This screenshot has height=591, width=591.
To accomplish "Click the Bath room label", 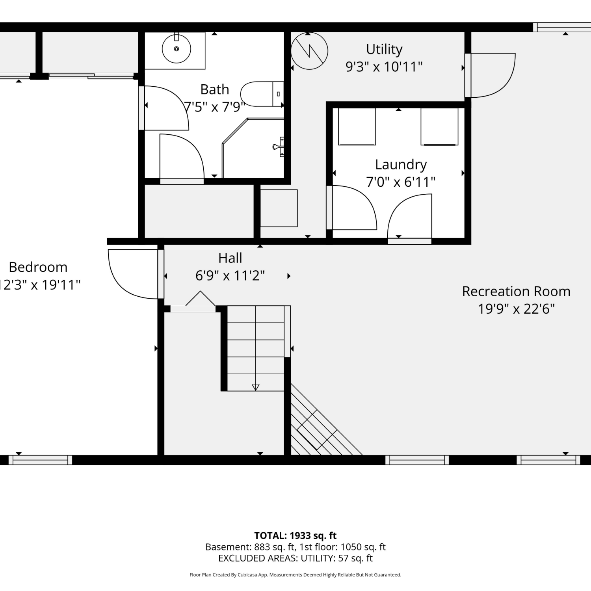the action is click(215, 90).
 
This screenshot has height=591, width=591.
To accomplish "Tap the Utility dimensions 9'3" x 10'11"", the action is click(384, 67).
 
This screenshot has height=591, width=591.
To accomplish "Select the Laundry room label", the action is click(401, 165).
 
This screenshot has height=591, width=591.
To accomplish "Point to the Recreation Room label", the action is click(516, 292).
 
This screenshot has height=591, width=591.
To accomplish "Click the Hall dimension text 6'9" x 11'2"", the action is click(230, 275).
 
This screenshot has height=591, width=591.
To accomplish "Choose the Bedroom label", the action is click(38, 267).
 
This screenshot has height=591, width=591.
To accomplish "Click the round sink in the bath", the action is click(177, 49).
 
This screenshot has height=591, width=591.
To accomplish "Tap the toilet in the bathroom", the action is click(262, 94).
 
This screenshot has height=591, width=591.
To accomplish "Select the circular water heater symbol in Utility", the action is click(309, 51).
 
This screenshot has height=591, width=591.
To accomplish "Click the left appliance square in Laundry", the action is click(357, 126).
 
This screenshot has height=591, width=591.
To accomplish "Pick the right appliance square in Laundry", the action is click(439, 126).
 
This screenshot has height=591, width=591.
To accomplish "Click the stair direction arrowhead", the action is click(256, 387).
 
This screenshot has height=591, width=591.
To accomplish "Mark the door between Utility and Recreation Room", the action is click(490, 75).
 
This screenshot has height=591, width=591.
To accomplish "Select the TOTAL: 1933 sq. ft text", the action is click(295, 536).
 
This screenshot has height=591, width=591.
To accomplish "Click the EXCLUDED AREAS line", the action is click(295, 558).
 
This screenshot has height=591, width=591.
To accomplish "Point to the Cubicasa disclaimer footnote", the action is click(295, 575).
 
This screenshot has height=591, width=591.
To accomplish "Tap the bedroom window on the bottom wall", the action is click(40, 460).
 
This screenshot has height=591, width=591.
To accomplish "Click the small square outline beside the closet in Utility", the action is click(279, 208).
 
